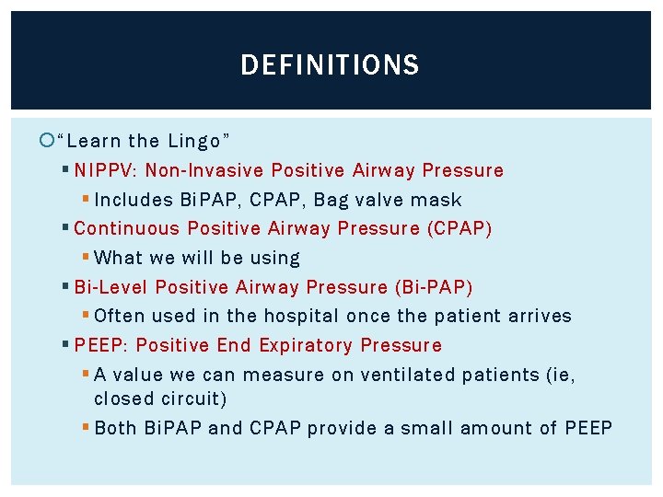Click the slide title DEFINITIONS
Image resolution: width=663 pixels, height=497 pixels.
(x=330, y=65)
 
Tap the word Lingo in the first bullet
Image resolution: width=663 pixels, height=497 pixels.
(x=196, y=141)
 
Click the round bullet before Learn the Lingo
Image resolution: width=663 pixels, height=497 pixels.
(x=49, y=141)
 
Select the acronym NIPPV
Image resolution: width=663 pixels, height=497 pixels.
(x=103, y=170)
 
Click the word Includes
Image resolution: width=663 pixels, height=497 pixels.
(x=134, y=200)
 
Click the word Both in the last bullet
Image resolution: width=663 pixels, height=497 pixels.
(x=116, y=428)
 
